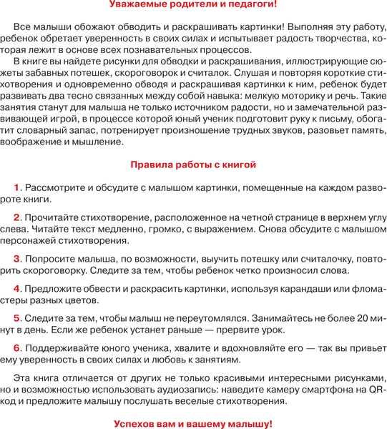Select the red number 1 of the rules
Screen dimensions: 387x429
tap(18, 187)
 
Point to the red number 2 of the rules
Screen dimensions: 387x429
tap(18, 216)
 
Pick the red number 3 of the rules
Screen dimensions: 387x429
tap(18, 258)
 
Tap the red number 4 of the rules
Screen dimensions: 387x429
tap(18, 288)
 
